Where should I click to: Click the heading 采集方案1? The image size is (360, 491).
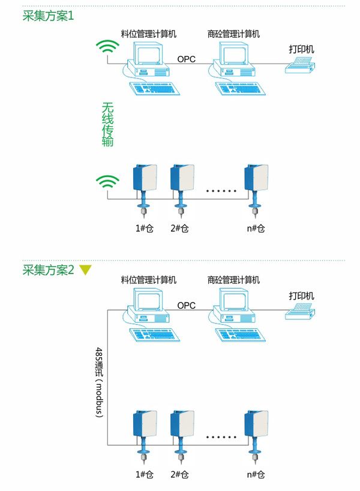tap(48, 16)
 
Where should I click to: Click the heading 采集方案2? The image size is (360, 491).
tap(48, 270)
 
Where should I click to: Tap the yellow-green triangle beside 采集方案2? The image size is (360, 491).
tap(86, 270)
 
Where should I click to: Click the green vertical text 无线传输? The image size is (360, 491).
tap(107, 125)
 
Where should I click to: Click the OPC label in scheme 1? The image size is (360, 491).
tap(186, 59)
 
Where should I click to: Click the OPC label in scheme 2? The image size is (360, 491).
tap(186, 305)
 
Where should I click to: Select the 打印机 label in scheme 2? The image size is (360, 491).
tap(301, 295)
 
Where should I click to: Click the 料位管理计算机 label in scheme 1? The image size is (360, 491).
tap(149, 34)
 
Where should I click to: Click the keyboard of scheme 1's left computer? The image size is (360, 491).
tap(154, 89)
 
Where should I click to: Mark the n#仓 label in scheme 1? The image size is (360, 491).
tap(256, 228)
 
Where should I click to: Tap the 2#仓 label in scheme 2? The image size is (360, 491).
tap(179, 474)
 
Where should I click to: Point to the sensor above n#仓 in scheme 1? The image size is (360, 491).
tap(257, 180)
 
